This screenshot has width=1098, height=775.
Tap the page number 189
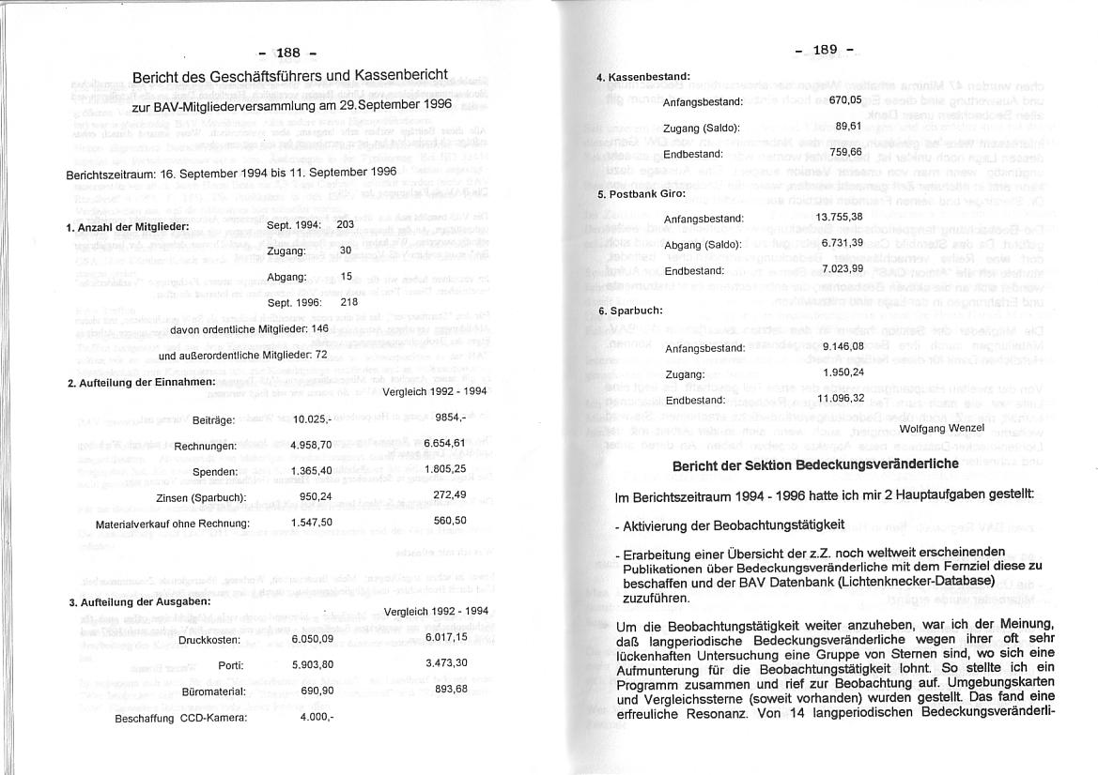coord(824,50)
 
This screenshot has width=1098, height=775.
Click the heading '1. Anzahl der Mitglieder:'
coord(128,227)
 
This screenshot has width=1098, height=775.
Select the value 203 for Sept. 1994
coord(345,224)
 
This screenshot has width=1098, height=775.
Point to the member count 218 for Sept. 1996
coord(348,302)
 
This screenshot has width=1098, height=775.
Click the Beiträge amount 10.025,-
coord(312,419)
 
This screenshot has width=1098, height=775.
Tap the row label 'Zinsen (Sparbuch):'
coord(201,496)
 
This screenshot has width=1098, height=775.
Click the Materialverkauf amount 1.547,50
coord(313,522)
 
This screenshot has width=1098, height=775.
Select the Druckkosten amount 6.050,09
coord(313,639)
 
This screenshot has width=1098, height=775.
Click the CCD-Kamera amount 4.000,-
coord(317,718)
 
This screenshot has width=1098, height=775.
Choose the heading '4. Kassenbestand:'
coord(643,76)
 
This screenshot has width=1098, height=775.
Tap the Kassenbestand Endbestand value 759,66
coord(845,151)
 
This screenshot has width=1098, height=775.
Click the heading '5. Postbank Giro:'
coord(642,194)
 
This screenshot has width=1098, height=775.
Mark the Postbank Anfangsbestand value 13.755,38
coord(839,217)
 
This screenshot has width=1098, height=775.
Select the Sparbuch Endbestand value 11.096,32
coord(841,398)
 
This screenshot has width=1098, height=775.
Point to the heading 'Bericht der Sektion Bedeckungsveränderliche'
coord(814,464)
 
